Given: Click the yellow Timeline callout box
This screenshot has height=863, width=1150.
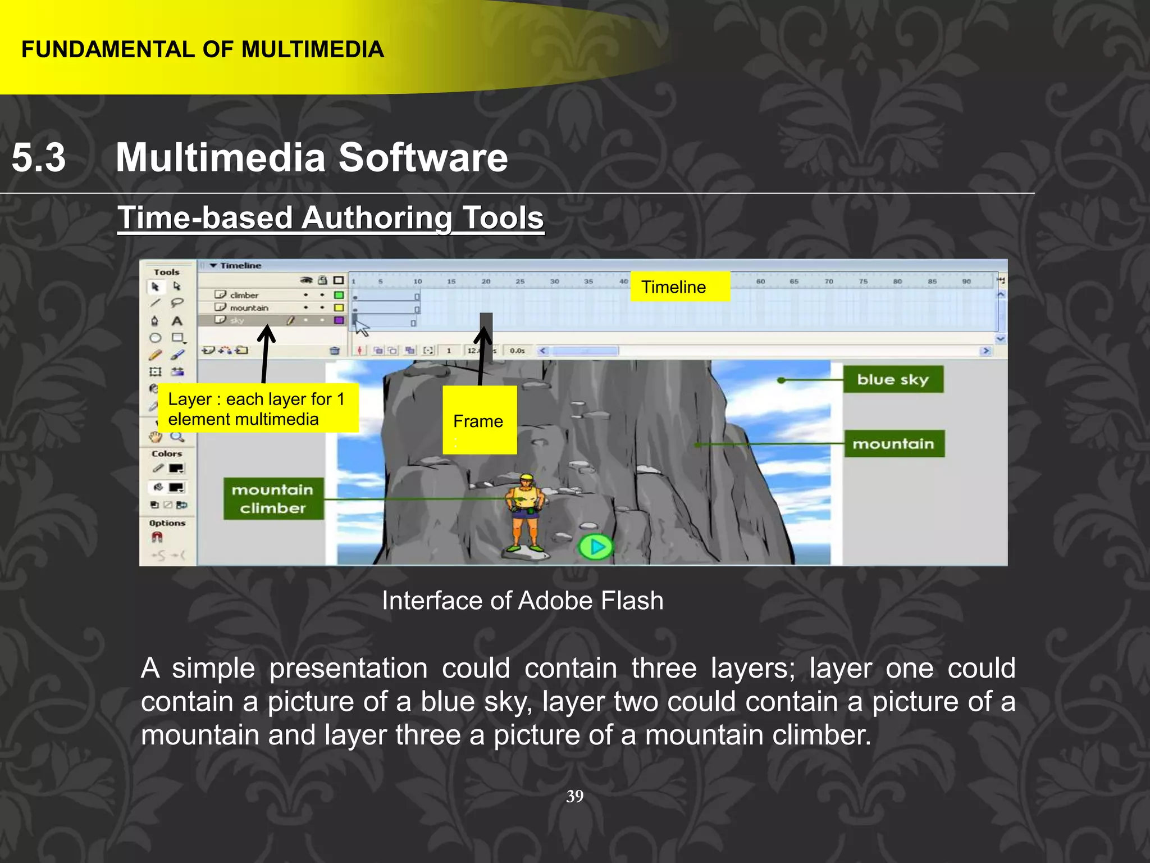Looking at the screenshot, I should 679,287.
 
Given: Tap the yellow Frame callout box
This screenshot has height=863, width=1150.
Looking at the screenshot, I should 479,420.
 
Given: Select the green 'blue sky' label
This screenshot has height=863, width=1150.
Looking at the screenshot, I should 893,380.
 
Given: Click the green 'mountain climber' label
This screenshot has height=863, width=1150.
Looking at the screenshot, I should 273,499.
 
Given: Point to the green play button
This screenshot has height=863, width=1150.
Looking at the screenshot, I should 596,547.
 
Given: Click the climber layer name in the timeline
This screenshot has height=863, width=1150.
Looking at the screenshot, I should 244,295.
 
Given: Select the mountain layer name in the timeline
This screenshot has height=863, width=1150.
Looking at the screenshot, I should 249,308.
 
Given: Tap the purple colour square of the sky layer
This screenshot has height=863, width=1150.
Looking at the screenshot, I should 339,320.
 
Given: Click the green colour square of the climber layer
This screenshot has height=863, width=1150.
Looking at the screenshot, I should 339,295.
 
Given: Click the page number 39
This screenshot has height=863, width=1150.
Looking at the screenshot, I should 574,796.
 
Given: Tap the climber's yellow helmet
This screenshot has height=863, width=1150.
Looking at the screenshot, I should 526,478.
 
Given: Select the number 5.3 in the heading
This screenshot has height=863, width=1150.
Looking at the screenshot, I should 38,157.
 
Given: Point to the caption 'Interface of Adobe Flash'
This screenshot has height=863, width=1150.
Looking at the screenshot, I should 522,601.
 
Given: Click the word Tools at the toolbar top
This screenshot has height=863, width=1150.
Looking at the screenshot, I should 167,272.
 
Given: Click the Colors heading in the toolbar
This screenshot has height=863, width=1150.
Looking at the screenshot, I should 167,453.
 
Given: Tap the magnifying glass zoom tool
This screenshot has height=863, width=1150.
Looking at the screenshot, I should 177,437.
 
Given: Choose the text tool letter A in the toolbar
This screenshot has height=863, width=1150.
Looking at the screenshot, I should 177,321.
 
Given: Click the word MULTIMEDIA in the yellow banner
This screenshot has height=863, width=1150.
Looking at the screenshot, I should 313,49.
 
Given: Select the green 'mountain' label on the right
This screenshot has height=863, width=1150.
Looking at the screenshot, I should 893,444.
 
